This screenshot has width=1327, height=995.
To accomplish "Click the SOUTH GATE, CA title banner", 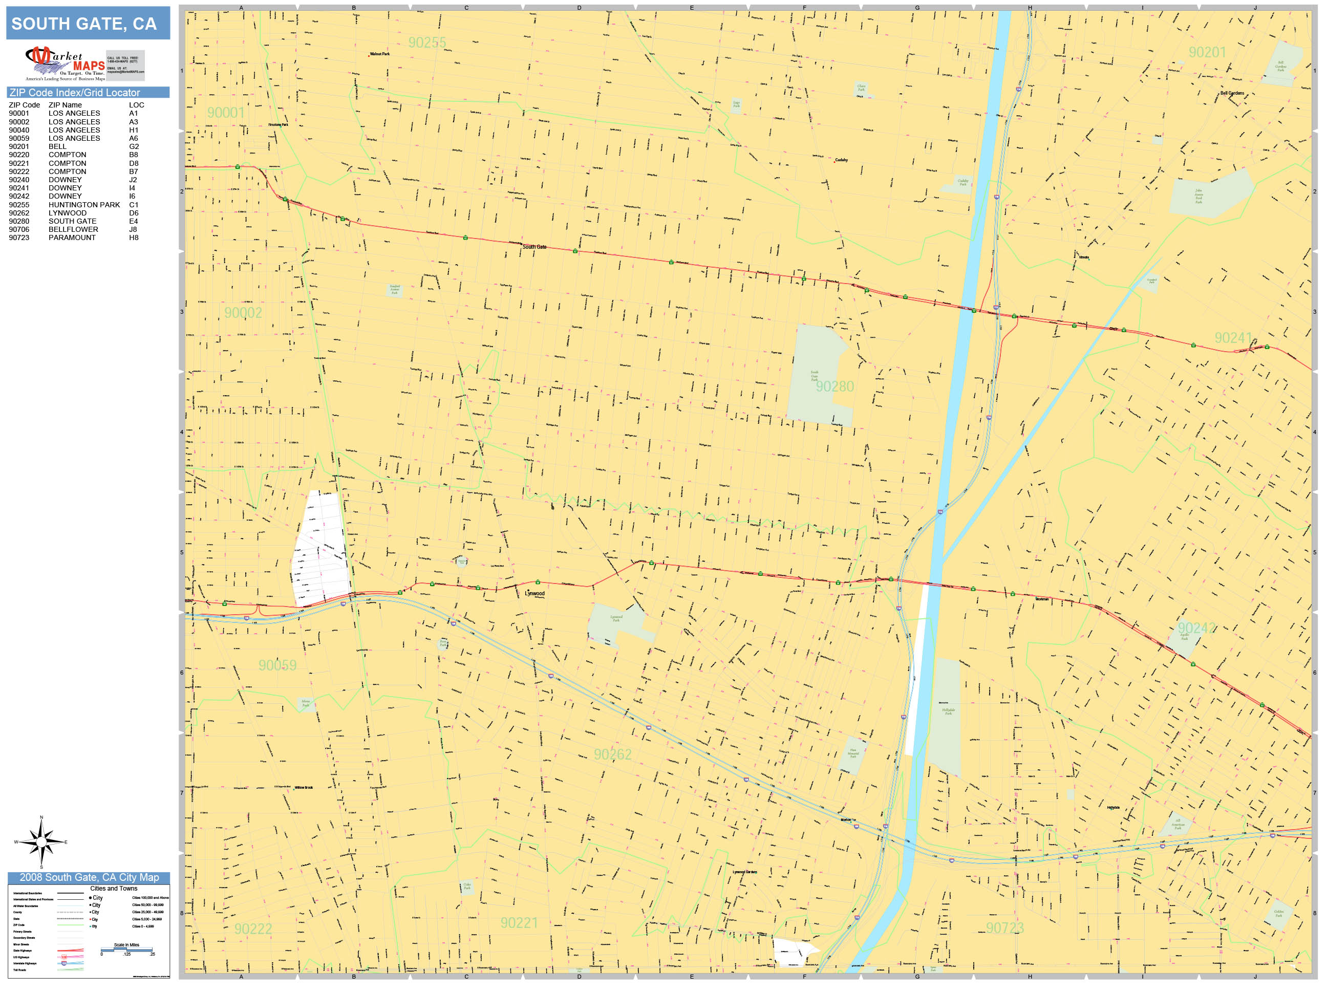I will pyautogui.click(x=88, y=24).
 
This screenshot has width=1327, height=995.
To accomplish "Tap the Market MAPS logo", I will pyautogui.click(x=66, y=63).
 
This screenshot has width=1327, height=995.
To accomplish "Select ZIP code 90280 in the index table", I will pyautogui.click(x=18, y=221).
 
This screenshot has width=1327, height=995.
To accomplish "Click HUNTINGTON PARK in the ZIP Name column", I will pyautogui.click(x=84, y=205).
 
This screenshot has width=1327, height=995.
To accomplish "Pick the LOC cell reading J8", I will pyautogui.click(x=133, y=229).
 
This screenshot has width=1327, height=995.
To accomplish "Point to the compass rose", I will pyautogui.click(x=41, y=842).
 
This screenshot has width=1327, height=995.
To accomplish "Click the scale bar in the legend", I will pyautogui.click(x=126, y=950).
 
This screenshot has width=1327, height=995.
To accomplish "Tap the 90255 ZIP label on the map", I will pyautogui.click(x=427, y=42).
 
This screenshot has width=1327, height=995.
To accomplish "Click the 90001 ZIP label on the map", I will pyautogui.click(x=226, y=113).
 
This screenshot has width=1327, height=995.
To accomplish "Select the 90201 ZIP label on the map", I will pyautogui.click(x=1207, y=53).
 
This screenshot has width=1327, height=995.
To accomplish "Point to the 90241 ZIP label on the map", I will pyautogui.click(x=1233, y=338).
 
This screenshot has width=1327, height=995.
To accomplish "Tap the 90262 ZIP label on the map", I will pyautogui.click(x=612, y=754).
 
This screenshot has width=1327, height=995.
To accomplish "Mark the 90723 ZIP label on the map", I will pyautogui.click(x=1005, y=928).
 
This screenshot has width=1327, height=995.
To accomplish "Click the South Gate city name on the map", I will pyautogui.click(x=534, y=247).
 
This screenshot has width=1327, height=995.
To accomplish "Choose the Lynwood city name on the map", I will pyautogui.click(x=534, y=593).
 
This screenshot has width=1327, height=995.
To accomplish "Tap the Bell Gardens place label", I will pyautogui.click(x=1232, y=93).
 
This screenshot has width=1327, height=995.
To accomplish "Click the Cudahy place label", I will pyautogui.click(x=841, y=160).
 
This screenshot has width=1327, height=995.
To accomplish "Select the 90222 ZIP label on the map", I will pyautogui.click(x=253, y=929).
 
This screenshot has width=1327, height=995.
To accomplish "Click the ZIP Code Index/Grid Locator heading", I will pyautogui.click(x=75, y=92).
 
